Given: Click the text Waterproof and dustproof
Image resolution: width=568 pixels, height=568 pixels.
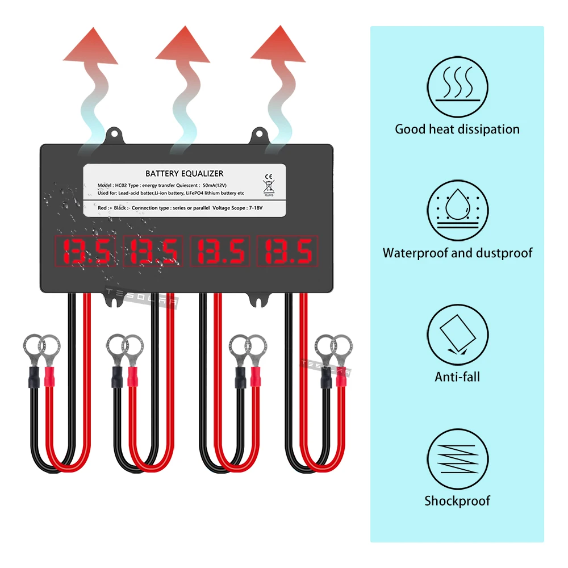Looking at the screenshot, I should [458, 253].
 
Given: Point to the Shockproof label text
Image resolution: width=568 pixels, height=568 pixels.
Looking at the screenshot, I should [457, 500].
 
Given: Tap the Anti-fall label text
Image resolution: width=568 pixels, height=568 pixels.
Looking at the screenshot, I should [457, 377].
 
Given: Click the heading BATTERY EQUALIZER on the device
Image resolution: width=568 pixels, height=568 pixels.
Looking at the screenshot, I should [185, 173].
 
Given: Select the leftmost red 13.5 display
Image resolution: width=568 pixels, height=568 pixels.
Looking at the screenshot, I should [85, 251].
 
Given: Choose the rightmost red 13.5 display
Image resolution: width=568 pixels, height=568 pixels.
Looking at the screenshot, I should [287, 251].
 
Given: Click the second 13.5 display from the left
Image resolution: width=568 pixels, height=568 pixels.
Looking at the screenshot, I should [153, 251].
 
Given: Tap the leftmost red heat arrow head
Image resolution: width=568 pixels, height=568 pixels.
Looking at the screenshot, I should [87, 47].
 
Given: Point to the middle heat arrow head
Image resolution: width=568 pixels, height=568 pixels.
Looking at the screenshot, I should [183, 47].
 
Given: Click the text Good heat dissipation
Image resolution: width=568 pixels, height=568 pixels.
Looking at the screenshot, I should [457, 129].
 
